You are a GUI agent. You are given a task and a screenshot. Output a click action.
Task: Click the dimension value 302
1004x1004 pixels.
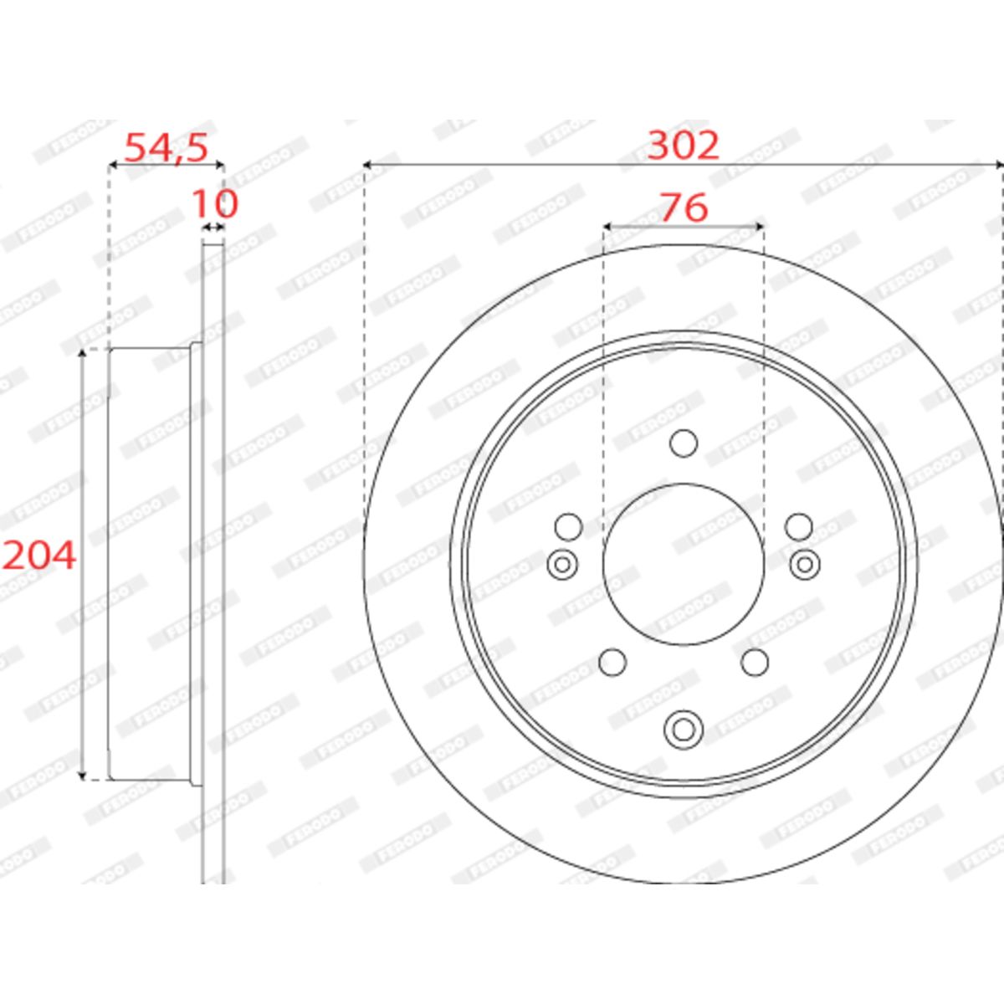pyautogui.click(x=683, y=146)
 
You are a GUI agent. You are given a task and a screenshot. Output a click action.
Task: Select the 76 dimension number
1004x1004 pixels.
pyautogui.click(x=684, y=207)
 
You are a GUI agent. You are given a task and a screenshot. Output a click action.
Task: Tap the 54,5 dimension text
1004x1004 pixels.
pyautogui.click(x=166, y=147)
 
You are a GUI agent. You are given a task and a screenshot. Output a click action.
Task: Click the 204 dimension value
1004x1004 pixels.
pyautogui.click(x=39, y=556)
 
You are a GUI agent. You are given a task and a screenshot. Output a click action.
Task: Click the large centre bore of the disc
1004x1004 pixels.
pyautogui.click(x=684, y=564)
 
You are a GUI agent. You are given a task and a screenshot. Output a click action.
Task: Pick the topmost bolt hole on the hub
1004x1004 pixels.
pyautogui.click(x=684, y=443)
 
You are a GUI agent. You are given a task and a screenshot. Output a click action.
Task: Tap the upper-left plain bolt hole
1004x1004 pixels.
pyautogui.click(x=568, y=527)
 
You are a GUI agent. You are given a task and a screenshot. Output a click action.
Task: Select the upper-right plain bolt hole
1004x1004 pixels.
pyautogui.click(x=799, y=527)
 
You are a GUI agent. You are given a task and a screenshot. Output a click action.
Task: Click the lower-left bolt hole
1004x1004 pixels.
pyautogui.click(x=612, y=662)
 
